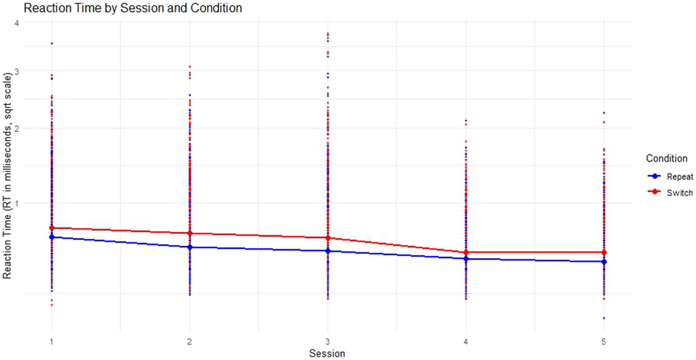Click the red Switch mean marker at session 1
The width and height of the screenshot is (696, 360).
(51, 228)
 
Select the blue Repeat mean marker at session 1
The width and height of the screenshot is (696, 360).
(51, 237)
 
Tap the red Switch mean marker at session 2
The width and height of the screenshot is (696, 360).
(190, 233)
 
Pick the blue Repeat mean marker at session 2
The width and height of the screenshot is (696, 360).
(190, 247)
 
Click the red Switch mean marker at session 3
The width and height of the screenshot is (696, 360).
(328, 238)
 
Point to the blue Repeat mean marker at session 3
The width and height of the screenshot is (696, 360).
(328, 251)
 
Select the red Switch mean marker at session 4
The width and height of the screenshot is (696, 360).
(466, 253)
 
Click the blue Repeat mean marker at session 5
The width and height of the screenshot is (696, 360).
(604, 261)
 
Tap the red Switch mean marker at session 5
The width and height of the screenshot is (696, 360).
(604, 253)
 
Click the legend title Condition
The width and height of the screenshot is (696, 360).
(667, 158)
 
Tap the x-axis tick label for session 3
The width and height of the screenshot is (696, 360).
(328, 340)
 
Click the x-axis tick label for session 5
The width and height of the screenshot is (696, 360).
(604, 340)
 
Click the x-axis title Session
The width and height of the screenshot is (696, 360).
(327, 353)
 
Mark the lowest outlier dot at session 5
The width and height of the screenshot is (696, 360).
(604, 318)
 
